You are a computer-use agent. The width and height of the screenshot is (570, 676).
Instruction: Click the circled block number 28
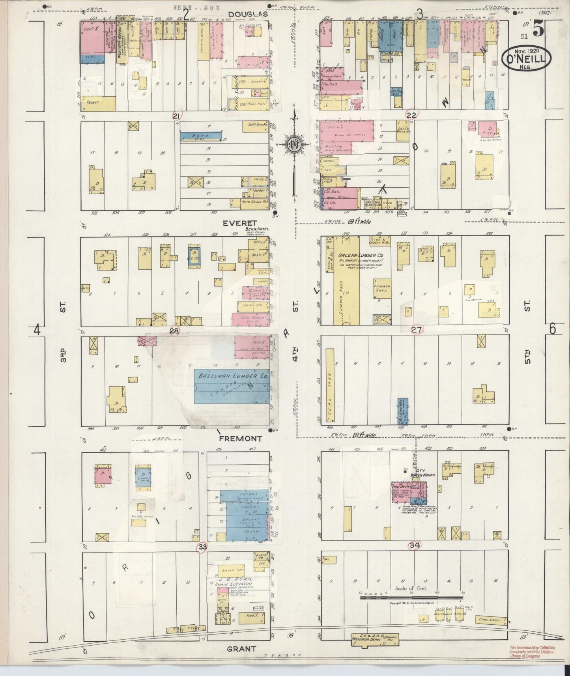tap(174, 331)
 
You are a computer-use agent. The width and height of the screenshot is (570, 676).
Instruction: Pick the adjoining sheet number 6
tap(552, 329)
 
